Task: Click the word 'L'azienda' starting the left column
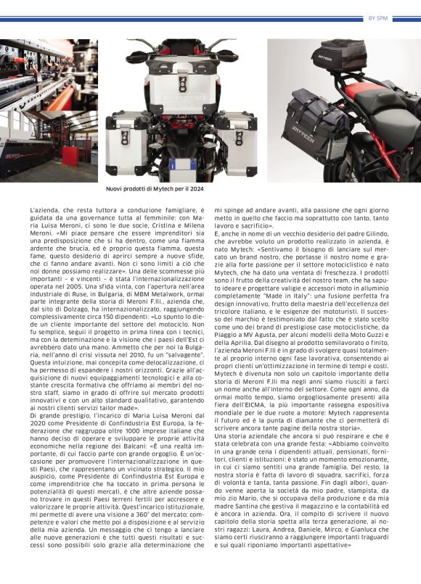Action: click(x=44, y=210)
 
